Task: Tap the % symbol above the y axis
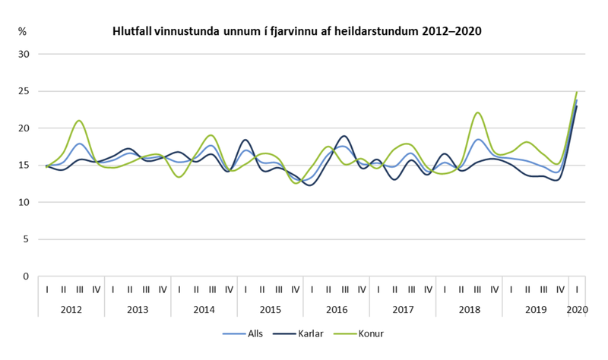(22, 33)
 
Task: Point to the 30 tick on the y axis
(24, 55)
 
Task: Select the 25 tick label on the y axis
(24, 92)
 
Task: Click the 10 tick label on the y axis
(24, 203)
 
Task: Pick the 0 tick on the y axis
(26, 276)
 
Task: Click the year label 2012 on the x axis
(71, 310)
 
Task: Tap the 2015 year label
(270, 310)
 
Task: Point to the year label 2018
(469, 310)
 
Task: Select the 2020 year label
(578, 310)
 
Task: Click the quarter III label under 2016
(345, 289)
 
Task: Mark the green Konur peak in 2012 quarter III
(79, 121)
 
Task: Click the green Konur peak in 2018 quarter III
(477, 113)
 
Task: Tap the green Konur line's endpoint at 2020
(578, 92)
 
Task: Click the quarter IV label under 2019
(561, 289)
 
